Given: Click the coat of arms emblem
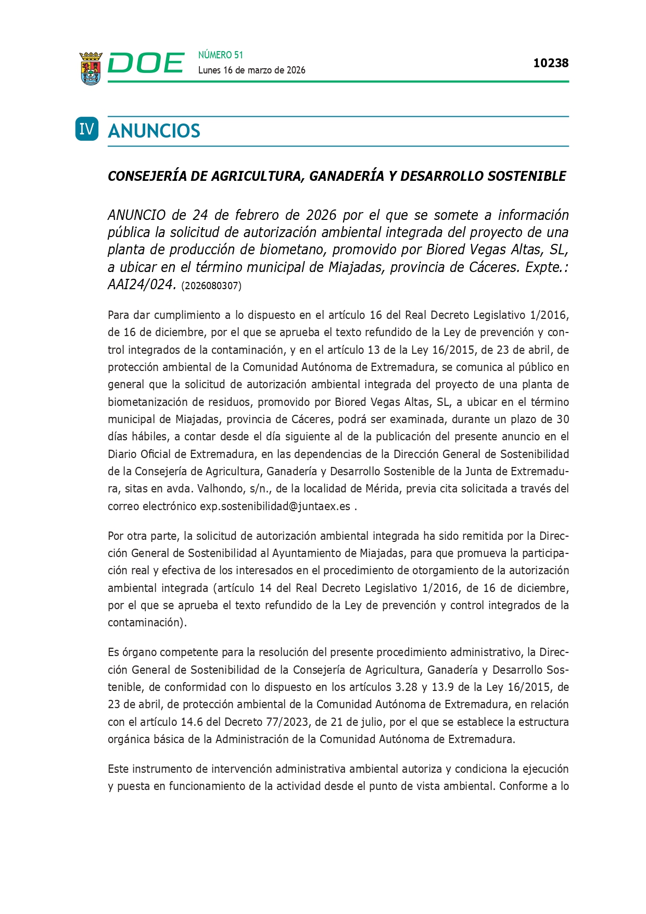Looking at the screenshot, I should [x=91, y=68].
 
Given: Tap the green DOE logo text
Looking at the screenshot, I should [x=146, y=64].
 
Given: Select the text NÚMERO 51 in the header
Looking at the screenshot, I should [x=221, y=55].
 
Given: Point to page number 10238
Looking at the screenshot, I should [x=551, y=63].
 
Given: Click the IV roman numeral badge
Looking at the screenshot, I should [x=87, y=129].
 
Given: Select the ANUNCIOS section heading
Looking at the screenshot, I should [x=154, y=131].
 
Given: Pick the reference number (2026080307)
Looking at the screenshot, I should [x=211, y=286].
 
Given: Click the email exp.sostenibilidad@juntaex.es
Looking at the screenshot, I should [x=275, y=506].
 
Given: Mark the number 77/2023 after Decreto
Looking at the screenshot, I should [x=290, y=722].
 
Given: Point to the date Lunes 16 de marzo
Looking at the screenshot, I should [x=234, y=70].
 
